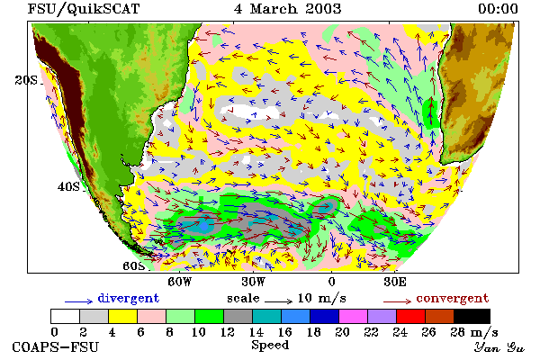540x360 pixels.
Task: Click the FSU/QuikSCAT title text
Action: click(84, 9)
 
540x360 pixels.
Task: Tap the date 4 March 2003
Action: click(287, 9)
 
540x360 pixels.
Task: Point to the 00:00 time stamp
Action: click(498, 9)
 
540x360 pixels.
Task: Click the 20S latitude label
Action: click(26, 80)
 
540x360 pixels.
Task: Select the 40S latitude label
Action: click(68, 186)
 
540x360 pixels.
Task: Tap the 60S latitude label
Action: click(133, 266)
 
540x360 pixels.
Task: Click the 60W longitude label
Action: click(179, 282)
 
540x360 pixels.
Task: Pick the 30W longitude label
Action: click(254, 282)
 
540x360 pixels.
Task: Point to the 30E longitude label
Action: click(395, 282)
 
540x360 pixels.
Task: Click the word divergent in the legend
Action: click(128, 298)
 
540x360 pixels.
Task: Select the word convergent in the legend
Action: click(453, 298)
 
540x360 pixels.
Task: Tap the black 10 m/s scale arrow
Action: click(279, 301)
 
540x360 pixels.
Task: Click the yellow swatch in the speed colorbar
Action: click(123, 316)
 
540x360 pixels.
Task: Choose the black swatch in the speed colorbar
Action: click(472, 316)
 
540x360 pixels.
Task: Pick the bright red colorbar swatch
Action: click(411, 316)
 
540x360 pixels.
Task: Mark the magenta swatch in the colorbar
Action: click(354, 316)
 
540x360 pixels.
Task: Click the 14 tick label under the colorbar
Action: click(256, 332)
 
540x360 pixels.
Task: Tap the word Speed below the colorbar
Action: click(270, 346)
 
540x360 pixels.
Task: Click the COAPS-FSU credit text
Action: click(56, 346)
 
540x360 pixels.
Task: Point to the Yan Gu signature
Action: click(499, 347)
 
